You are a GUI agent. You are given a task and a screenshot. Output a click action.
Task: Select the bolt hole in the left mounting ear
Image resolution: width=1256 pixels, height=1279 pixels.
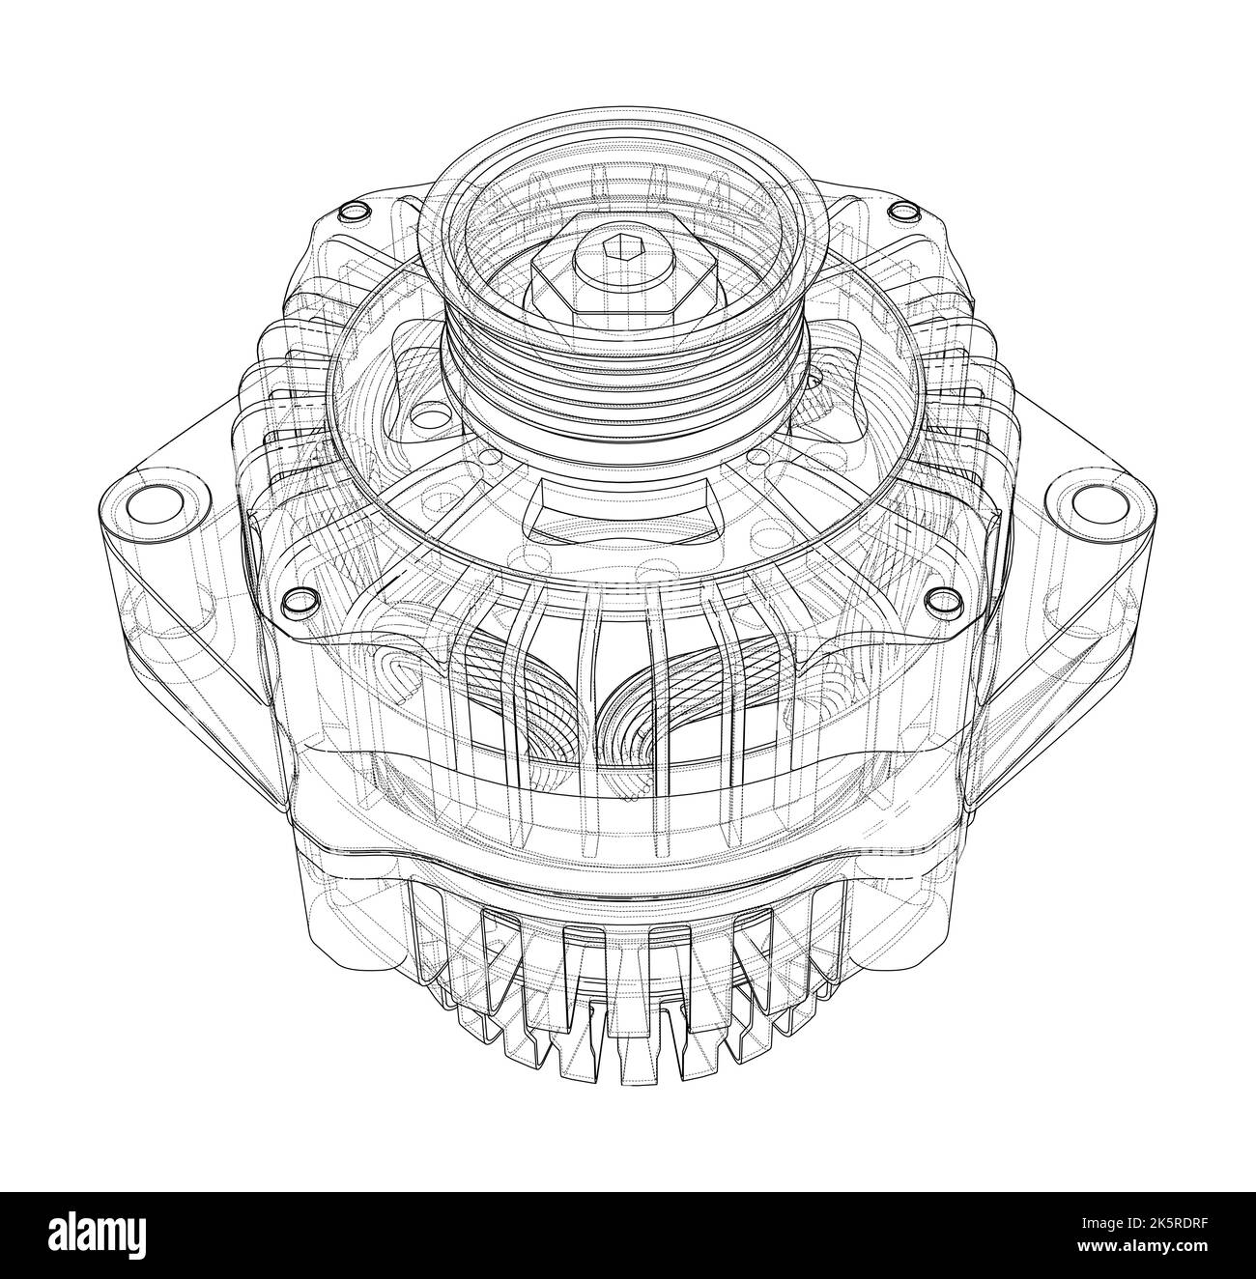tap(155, 502)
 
